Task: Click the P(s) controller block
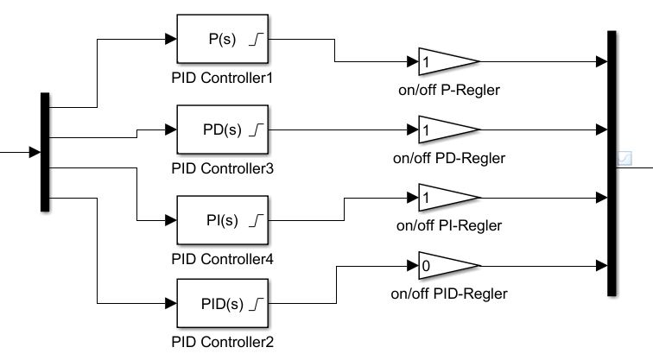coord(225,40)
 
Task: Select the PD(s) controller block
coord(225,130)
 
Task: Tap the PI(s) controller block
coord(225,220)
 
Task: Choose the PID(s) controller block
coord(225,304)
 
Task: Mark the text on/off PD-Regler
coord(449,158)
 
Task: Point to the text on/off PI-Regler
coord(449,225)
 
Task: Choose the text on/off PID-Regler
coord(449,294)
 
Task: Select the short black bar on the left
coord(45,152)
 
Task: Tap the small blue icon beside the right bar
coord(626,158)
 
